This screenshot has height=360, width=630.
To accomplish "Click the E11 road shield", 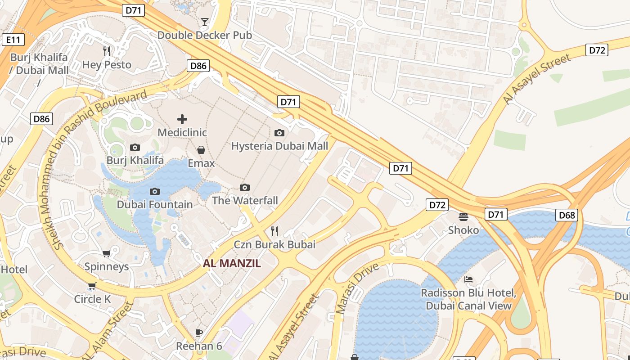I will (13, 40).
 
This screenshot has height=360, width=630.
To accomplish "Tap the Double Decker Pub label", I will (204, 35).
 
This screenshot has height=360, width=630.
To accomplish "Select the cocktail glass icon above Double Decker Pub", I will (205, 22).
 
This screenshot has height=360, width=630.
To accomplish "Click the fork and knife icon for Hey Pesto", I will (107, 51).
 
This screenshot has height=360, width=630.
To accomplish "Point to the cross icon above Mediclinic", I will (182, 119).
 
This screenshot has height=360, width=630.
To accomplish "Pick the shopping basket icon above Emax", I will (201, 149).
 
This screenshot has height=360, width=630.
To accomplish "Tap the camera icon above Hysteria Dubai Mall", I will (279, 133).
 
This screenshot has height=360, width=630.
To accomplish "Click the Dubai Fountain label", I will (154, 205).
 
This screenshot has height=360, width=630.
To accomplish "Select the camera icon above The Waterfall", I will (245, 187).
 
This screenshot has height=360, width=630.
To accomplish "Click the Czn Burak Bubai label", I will (274, 245).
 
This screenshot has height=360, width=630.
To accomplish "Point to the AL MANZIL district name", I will (232, 264).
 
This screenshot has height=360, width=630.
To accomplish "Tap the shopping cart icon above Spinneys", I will (107, 253).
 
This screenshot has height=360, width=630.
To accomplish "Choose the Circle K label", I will (92, 299).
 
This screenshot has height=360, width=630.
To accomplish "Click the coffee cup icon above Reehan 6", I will (199, 333).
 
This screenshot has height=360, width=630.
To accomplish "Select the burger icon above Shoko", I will (463, 217).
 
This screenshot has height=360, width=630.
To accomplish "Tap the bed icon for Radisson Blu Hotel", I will (468, 279).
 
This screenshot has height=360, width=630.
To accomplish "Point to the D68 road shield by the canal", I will (567, 215).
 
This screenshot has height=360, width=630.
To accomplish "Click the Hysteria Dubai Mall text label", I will (279, 146).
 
